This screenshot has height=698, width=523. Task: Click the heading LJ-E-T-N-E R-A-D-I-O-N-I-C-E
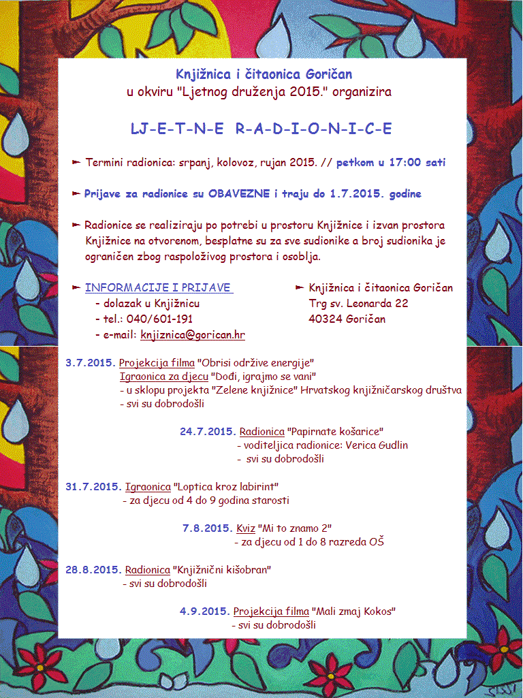[x=261, y=128]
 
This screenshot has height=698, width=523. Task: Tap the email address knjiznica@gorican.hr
[x=193, y=335]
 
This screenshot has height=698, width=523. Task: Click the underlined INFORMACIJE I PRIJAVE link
[x=159, y=288]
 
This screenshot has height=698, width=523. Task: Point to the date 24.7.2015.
[x=208, y=432]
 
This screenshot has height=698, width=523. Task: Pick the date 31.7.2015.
[x=93, y=487]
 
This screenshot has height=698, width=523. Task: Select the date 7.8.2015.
[x=208, y=528]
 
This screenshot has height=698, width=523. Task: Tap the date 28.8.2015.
[x=93, y=570]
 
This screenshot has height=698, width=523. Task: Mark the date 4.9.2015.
[x=204, y=612]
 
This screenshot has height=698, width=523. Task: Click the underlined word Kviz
[x=245, y=528]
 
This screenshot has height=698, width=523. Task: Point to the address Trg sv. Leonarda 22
[x=358, y=304]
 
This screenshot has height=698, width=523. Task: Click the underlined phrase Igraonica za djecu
[x=164, y=377]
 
